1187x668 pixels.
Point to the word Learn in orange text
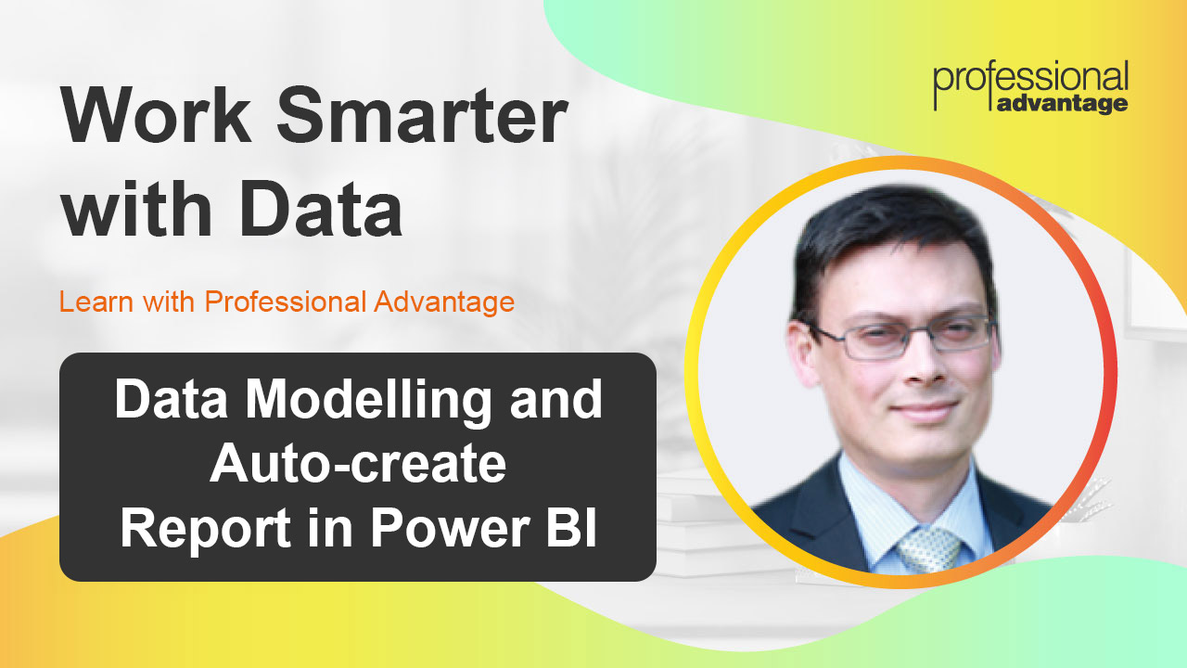91,302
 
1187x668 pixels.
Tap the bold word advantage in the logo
1063,103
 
